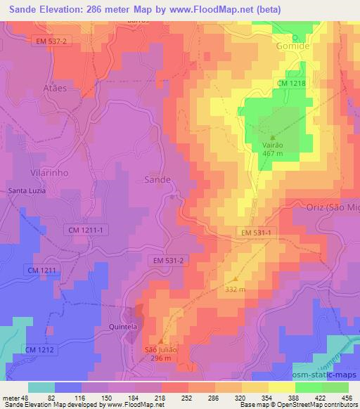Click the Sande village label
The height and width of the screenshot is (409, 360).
click(x=157, y=180)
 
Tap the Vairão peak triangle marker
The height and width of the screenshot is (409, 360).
click(x=274, y=137)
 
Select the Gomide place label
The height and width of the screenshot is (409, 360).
click(x=294, y=46)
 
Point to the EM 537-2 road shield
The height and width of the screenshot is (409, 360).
click(x=54, y=41)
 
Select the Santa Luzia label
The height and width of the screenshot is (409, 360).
click(x=27, y=190)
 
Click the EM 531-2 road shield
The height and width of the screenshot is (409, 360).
click(x=168, y=261)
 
